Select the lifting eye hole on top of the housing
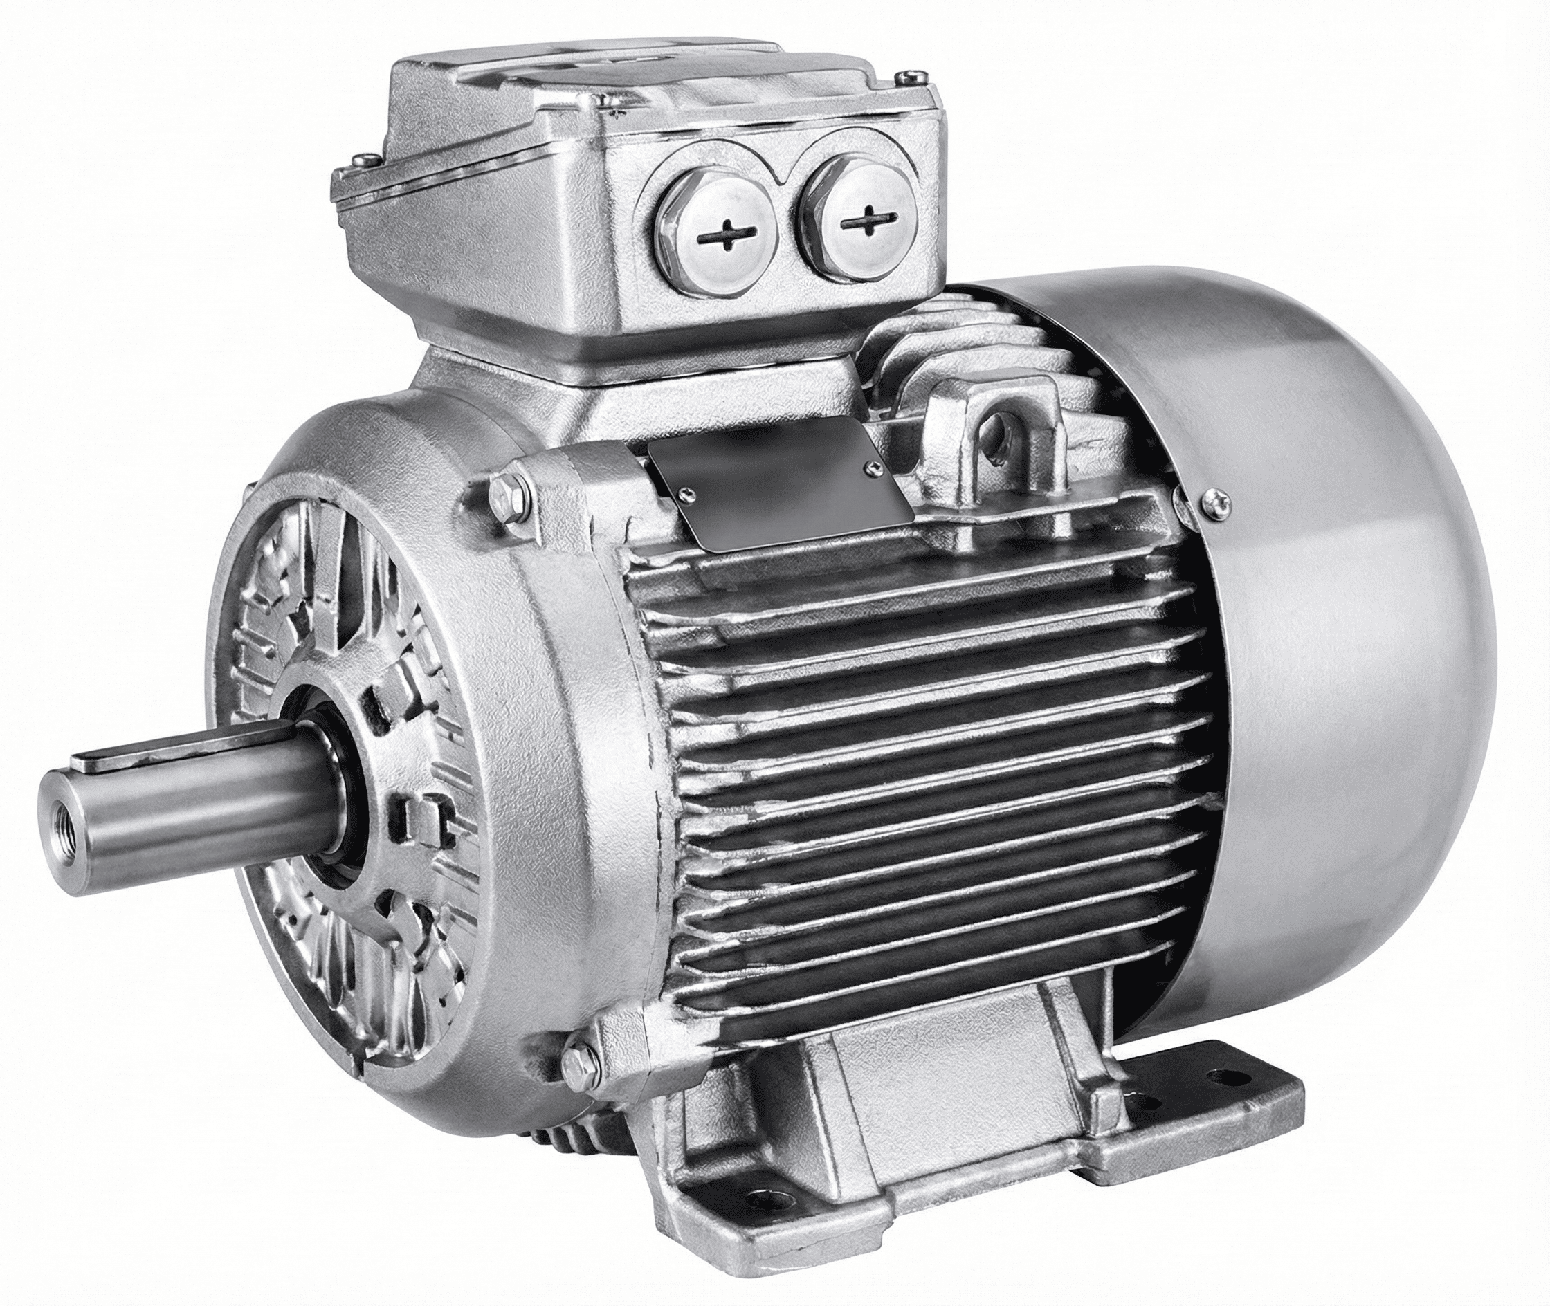click(x=1000, y=425)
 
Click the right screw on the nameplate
click(x=876, y=466)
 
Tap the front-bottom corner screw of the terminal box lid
click(x=619, y=96)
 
